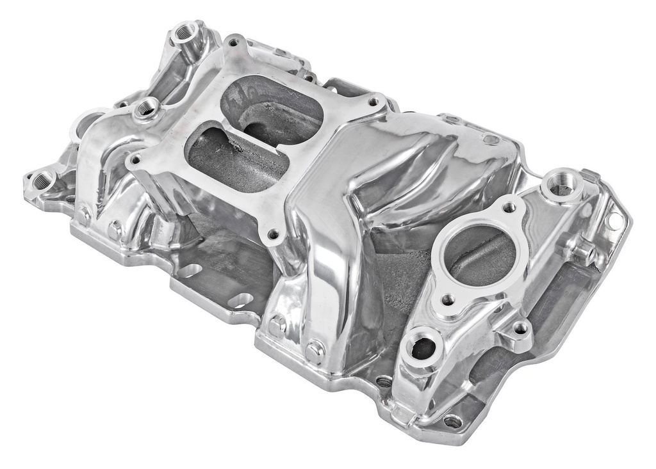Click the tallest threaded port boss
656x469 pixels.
pos(186,32)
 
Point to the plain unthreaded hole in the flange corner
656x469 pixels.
pos(614,221)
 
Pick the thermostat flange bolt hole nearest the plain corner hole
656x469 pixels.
pos(509,207)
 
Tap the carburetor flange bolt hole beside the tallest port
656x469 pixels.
pos(233,43)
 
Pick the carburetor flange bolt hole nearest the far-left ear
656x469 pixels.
pos(135,159)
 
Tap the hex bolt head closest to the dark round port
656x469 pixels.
pos(315,350)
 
